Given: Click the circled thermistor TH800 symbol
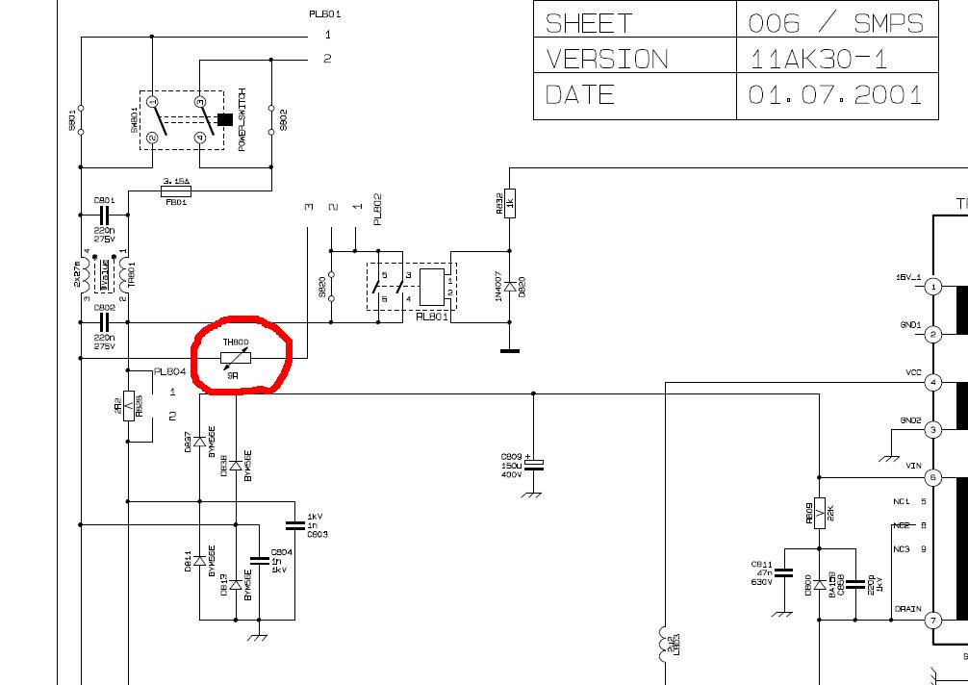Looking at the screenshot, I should click(236, 358).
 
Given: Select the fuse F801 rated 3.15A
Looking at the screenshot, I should click(175, 191).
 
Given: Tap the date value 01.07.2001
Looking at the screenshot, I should click(834, 94).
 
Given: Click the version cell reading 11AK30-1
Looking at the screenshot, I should click(817, 59).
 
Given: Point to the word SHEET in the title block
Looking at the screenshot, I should click(589, 23).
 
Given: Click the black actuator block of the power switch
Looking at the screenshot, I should click(226, 119).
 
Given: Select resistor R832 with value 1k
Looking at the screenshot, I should click(510, 201).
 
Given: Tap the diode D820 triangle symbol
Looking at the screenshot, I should click(510, 286).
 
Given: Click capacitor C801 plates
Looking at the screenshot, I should click(105, 216).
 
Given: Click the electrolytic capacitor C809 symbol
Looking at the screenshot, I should click(534, 464).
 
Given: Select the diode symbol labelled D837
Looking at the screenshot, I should click(199, 442).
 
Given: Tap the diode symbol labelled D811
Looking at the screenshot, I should click(199, 560).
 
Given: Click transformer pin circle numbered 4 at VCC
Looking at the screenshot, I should click(932, 383).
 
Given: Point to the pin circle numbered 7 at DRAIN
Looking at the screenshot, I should click(932, 621).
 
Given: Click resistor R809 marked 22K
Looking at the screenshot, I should click(818, 513).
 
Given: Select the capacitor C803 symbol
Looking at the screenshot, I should click(294, 525).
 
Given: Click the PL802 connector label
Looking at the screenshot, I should click(378, 209).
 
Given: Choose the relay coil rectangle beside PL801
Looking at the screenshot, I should click(433, 286).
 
